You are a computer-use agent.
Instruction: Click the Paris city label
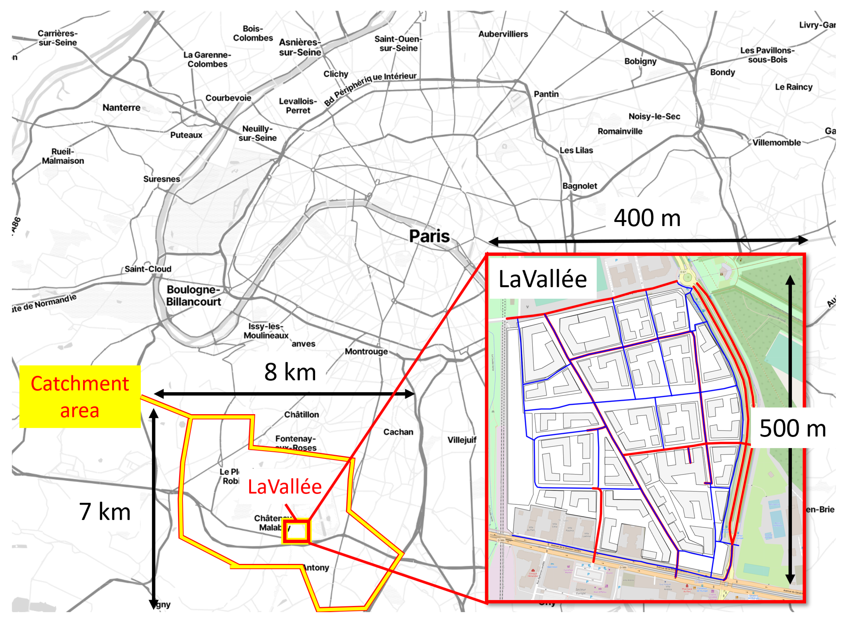click(x=429, y=236)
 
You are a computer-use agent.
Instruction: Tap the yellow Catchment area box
click(x=80, y=397)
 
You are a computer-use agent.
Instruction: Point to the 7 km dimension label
click(x=105, y=511)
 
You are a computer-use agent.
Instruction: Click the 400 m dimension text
click(x=647, y=218)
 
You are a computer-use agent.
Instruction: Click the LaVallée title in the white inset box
click(x=542, y=279)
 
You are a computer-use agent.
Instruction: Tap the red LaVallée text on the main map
click(x=284, y=487)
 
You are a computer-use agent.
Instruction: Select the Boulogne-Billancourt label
click(x=194, y=295)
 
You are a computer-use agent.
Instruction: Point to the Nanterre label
click(x=121, y=108)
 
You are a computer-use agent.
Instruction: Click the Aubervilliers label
click(x=503, y=34)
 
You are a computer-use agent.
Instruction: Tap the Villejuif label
click(x=462, y=440)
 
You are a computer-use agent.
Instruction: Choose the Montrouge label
click(x=366, y=351)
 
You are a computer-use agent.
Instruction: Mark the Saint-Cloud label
click(x=148, y=269)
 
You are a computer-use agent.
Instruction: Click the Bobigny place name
click(x=640, y=61)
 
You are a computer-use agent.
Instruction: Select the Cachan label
click(x=398, y=432)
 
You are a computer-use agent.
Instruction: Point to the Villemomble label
click(x=777, y=143)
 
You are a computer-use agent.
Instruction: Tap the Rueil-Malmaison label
click(x=63, y=156)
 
